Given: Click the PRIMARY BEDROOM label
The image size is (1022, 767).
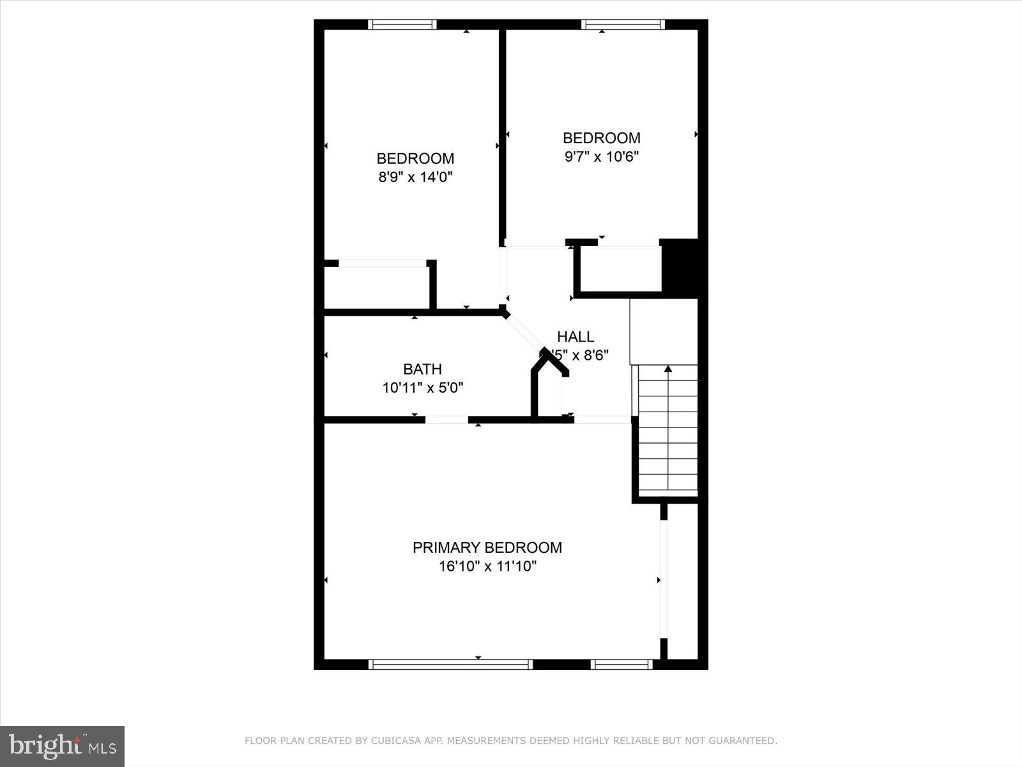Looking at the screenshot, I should [x=487, y=548].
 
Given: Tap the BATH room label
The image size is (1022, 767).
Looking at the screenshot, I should [x=422, y=369].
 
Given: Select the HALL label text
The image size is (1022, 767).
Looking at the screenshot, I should [x=575, y=337].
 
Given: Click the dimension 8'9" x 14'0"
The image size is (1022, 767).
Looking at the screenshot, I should [x=415, y=177].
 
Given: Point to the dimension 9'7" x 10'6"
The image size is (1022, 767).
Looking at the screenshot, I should [x=601, y=157].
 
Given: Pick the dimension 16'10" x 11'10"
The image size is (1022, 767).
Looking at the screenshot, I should [x=487, y=566].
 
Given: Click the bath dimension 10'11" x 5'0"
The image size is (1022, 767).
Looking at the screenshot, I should [x=422, y=387].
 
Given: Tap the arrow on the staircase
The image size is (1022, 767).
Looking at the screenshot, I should [x=668, y=369].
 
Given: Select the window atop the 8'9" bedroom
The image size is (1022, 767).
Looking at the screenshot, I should [x=402, y=25].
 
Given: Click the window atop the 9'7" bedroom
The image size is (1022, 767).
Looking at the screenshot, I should [x=623, y=25].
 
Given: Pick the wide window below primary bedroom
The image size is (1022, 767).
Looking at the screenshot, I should [x=450, y=665].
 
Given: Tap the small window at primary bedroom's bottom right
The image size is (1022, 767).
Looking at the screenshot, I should [x=622, y=665].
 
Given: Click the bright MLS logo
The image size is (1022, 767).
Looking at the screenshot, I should [x=62, y=746].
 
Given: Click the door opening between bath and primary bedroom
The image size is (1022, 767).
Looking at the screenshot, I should [x=446, y=420].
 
